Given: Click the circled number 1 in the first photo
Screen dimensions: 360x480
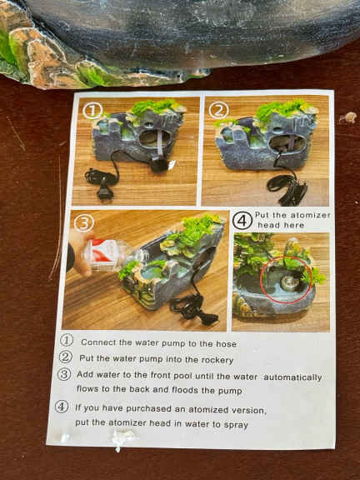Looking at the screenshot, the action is click(x=92, y=111).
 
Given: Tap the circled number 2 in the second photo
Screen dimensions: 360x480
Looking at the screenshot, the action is click(x=218, y=110).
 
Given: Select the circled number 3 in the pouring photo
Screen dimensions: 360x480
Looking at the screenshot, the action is click(x=83, y=223).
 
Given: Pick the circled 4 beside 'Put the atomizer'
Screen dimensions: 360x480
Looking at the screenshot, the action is click(x=242, y=221).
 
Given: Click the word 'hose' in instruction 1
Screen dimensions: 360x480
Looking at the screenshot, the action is click(x=226, y=344).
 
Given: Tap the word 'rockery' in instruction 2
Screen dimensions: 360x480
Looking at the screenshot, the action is click(x=217, y=360).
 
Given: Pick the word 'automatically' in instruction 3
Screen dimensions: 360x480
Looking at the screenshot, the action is click(x=292, y=377).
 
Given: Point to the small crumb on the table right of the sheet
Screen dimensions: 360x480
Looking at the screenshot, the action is click(x=348, y=117).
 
